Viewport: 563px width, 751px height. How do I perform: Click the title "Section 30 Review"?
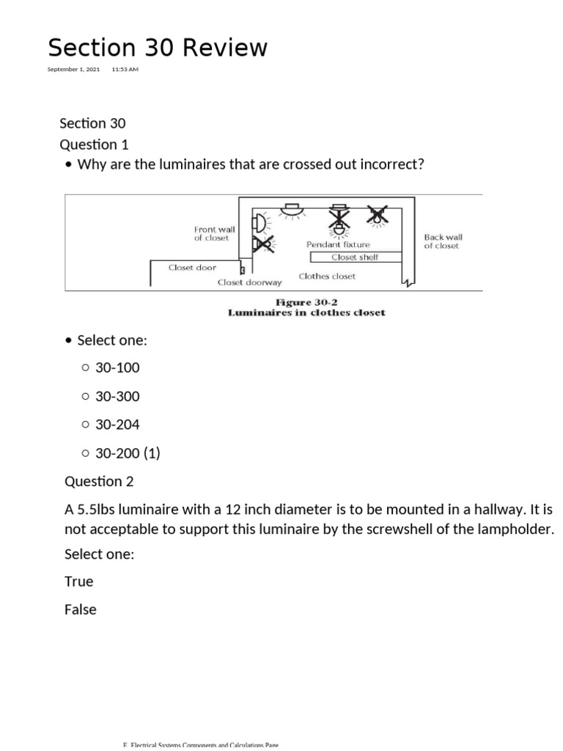[x=158, y=48]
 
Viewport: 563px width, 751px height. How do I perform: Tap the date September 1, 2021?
[x=73, y=70]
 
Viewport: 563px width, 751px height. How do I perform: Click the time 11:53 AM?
[x=125, y=70]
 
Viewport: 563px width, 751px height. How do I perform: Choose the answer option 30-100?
[x=117, y=368]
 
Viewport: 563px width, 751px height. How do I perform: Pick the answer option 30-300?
[x=117, y=397]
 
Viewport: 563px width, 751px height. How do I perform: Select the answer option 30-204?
[x=117, y=425]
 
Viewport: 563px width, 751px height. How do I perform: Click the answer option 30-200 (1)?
[x=128, y=453]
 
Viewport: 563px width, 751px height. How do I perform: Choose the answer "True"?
[x=79, y=582]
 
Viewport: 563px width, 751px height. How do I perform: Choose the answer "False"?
[x=81, y=609]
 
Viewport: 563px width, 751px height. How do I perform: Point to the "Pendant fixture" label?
[x=338, y=244]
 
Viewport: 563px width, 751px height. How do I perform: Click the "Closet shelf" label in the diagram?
[x=355, y=257]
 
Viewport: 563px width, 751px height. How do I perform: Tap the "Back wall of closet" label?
[x=443, y=241]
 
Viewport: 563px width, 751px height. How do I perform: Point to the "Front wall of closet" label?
[x=214, y=233]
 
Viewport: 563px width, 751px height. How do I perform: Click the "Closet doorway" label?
[x=249, y=282]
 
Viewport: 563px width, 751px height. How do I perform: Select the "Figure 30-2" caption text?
[x=306, y=302]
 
